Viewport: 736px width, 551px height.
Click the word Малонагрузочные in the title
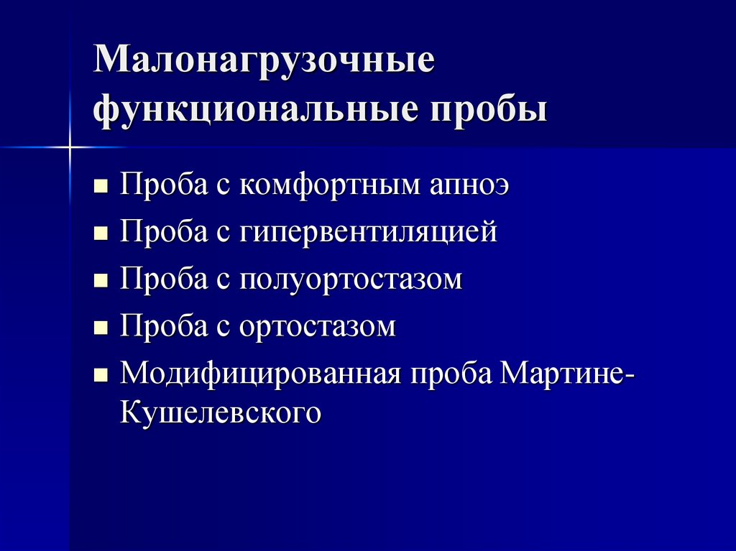[x=264, y=62]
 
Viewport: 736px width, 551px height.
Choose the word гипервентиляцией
[x=368, y=232]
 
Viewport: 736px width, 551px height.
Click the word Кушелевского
[x=219, y=413]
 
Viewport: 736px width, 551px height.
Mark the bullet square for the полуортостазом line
[x=101, y=281]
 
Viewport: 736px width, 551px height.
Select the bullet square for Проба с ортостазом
[x=101, y=328]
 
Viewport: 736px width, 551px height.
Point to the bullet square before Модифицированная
[x=101, y=375]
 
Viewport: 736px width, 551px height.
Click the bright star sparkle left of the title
[x=70, y=147]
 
